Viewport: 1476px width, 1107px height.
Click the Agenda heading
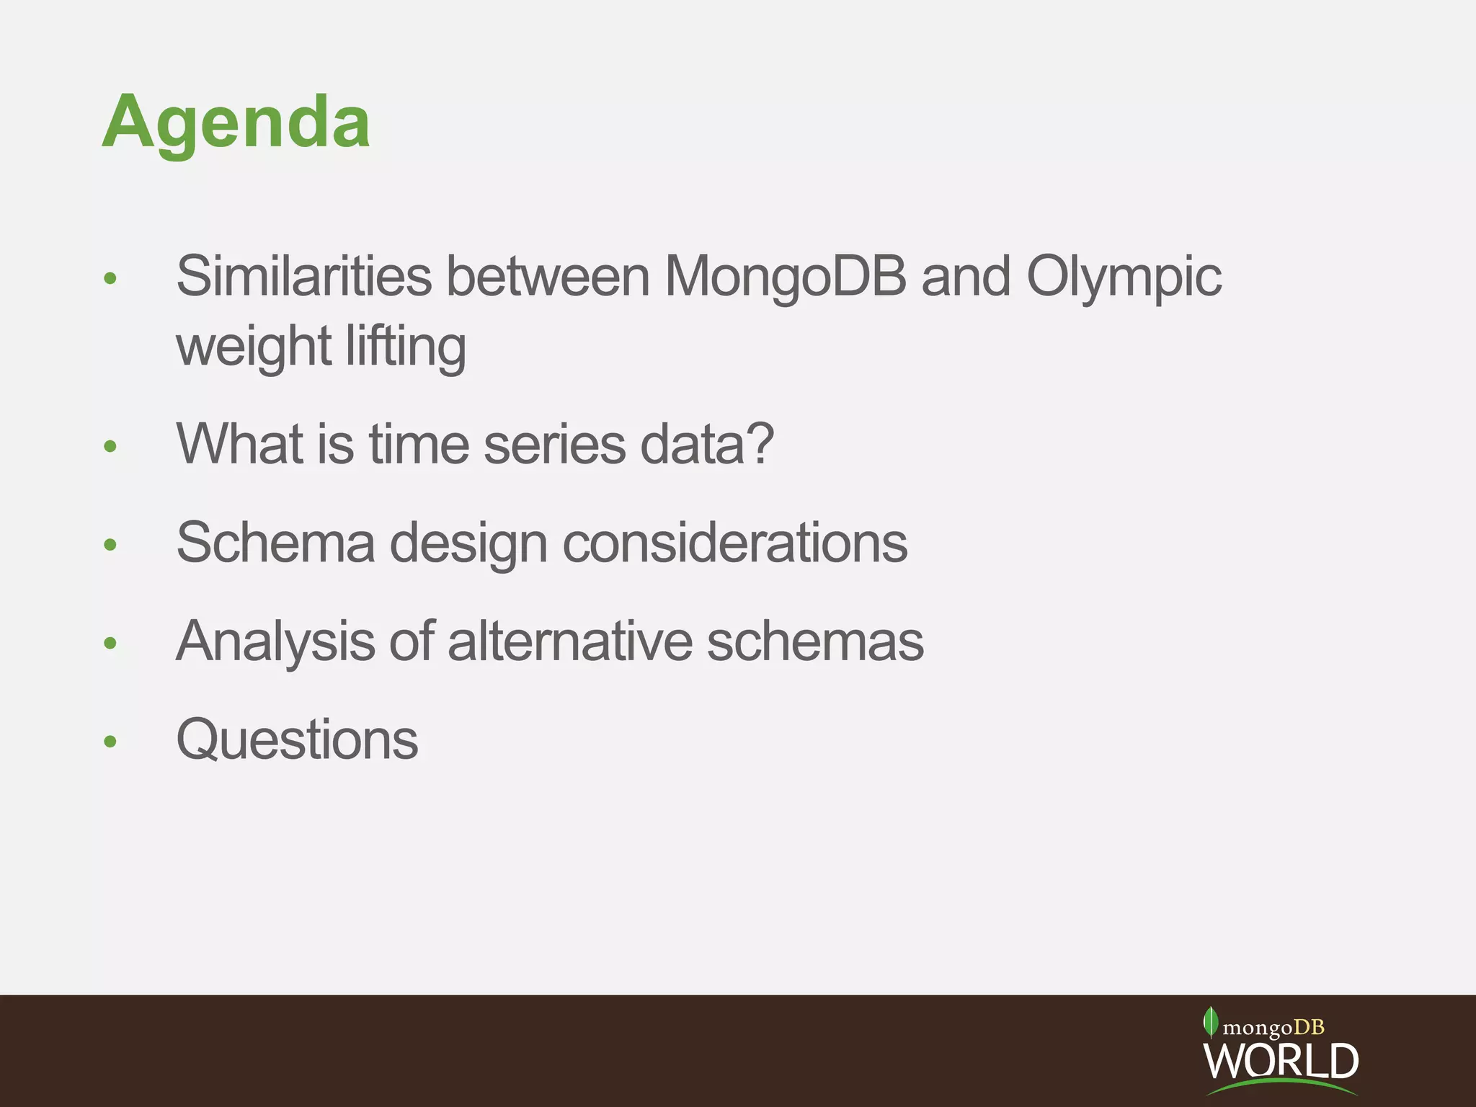pos(236,123)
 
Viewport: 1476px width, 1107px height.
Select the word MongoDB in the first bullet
pos(784,277)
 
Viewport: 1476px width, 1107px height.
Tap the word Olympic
pos(1124,278)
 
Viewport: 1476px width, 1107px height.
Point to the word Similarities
pos(303,277)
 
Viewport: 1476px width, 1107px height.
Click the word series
pos(554,444)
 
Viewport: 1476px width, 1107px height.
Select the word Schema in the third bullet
pos(275,543)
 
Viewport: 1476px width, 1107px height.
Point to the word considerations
pos(734,543)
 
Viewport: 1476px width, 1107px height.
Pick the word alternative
pos(569,641)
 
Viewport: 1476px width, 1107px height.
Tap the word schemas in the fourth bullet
pos(815,641)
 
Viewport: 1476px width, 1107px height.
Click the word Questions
pos(297,740)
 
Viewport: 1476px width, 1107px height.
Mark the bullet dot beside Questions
pos(110,742)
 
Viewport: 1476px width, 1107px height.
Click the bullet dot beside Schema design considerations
pos(110,544)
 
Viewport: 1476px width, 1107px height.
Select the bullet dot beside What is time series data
pos(110,446)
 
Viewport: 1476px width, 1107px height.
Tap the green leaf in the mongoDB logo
pos(1210,1021)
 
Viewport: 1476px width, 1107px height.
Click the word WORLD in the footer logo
pos(1281,1060)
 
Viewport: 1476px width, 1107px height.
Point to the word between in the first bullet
pos(548,277)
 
